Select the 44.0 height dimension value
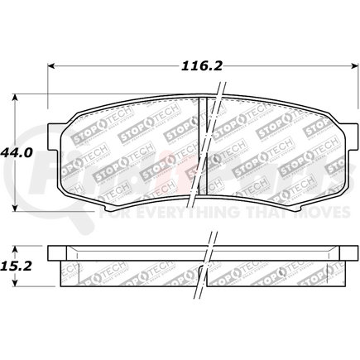pyautogui.click(x=16, y=153)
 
